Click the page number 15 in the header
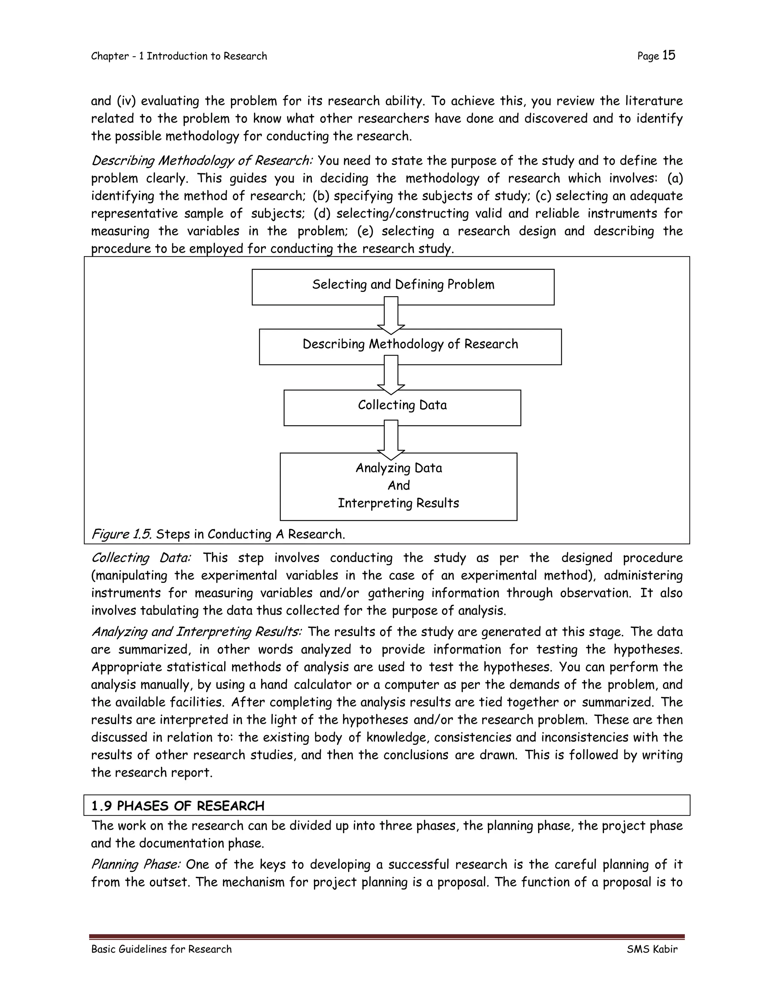click(x=669, y=56)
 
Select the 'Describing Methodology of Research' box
click(x=410, y=346)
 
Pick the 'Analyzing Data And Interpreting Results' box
click(x=398, y=486)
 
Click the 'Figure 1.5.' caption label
click(x=122, y=534)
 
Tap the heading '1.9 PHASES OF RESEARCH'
click(x=178, y=805)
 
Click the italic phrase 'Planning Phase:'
click(x=136, y=864)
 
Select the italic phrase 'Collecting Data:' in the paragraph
click(x=141, y=558)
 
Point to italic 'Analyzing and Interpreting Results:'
click(x=196, y=632)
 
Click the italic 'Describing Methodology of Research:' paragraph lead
click(x=202, y=161)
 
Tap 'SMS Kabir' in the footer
click(x=652, y=949)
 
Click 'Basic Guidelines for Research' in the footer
click(x=161, y=949)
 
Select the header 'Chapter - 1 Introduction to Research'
click(x=179, y=56)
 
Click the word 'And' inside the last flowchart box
click(x=398, y=485)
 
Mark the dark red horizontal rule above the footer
click(x=387, y=937)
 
